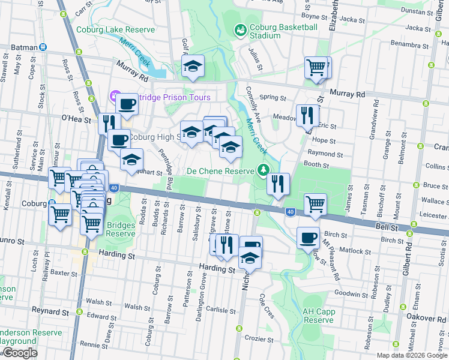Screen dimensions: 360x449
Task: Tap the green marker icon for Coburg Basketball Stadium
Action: pyautogui.click(x=240, y=29)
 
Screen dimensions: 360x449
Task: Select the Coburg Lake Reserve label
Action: pyautogui.click(x=115, y=29)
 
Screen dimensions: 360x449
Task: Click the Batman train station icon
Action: pyautogui.click(x=43, y=47)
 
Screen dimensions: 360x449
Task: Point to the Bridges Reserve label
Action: pyautogui.click(x=121, y=229)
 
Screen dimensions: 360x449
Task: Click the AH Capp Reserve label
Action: pyautogui.click(x=318, y=316)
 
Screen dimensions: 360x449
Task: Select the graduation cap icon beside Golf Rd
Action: pyautogui.click(x=193, y=66)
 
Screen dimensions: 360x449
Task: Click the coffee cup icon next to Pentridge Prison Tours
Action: pyautogui.click(x=127, y=103)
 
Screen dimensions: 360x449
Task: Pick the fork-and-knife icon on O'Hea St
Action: pyautogui.click(x=109, y=123)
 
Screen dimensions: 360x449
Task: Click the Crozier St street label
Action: pyautogui.click(x=259, y=340)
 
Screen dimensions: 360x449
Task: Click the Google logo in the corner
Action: pyautogui.click(x=19, y=352)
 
